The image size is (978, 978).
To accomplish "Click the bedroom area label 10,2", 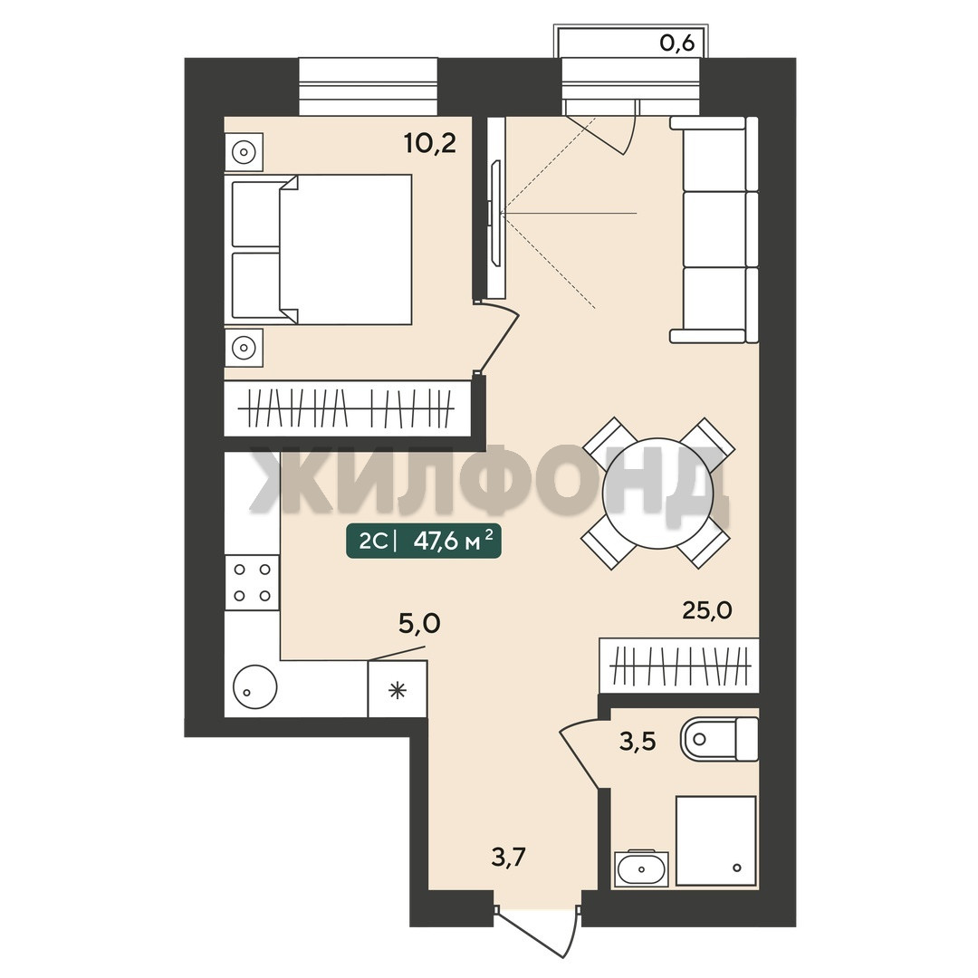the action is click(x=430, y=144).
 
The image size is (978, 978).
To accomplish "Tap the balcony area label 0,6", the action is click(x=676, y=44).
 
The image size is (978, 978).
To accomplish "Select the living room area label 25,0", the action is click(x=707, y=610).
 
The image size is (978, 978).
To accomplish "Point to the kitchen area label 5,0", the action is click(x=419, y=623).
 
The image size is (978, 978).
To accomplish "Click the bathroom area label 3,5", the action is click(x=638, y=742).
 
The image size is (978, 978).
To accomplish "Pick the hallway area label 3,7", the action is click(x=508, y=858).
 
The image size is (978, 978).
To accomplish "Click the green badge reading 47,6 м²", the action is click(x=424, y=541).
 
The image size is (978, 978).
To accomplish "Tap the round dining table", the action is click(x=658, y=493).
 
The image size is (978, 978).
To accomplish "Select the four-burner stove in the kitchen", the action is click(x=252, y=582).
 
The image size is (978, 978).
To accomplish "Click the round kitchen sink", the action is click(x=254, y=686).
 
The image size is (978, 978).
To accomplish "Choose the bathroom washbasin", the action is click(x=641, y=868).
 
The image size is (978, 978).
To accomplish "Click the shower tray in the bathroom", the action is click(x=716, y=840).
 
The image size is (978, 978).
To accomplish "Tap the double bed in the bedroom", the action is click(x=321, y=250).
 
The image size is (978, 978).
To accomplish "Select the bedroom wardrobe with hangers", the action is click(x=348, y=408).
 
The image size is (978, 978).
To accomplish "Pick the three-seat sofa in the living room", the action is click(x=714, y=229).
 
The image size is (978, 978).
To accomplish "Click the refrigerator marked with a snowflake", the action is click(x=398, y=689).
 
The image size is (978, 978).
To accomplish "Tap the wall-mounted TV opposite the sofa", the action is click(x=496, y=214).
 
